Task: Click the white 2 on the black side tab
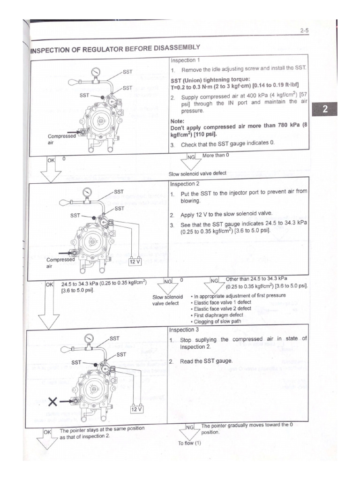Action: click(326, 111)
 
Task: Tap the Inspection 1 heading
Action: click(185, 60)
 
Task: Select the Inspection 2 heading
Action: click(185, 184)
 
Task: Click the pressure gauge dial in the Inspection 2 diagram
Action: click(87, 192)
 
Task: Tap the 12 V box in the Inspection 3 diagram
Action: click(137, 408)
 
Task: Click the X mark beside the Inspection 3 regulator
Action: click(53, 401)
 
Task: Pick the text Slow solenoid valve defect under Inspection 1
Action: click(197, 173)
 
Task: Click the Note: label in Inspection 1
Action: click(178, 120)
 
